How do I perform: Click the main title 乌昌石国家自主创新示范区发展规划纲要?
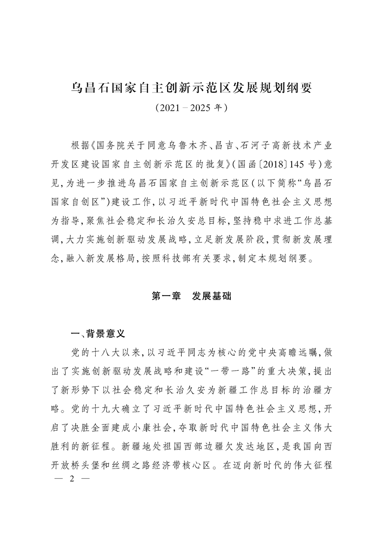pyautogui.click(x=192, y=88)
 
